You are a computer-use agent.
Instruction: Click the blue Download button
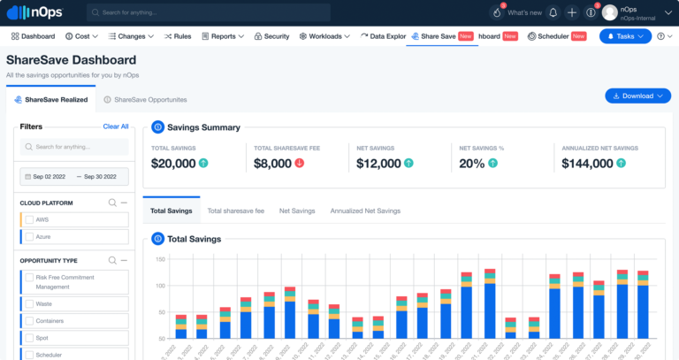tap(637, 96)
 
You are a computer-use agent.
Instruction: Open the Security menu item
tap(271, 36)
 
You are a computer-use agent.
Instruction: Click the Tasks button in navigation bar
tap(625, 36)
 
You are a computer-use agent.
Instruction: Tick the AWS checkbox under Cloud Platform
tap(30, 219)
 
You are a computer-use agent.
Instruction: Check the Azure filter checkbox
tap(30, 237)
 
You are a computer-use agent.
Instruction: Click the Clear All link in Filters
tap(115, 126)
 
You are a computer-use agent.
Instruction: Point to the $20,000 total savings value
tap(173, 163)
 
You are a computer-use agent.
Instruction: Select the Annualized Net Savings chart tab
tap(365, 211)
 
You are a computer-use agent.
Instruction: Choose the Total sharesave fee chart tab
tap(235, 211)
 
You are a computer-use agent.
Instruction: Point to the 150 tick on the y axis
tap(161, 259)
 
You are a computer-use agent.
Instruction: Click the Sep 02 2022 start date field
tap(48, 177)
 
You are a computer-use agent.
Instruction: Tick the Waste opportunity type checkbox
tap(30, 303)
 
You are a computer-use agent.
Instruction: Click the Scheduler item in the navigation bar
tap(547, 36)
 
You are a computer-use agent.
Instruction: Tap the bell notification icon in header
tap(553, 12)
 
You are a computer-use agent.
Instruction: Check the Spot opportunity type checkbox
tap(30, 338)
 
